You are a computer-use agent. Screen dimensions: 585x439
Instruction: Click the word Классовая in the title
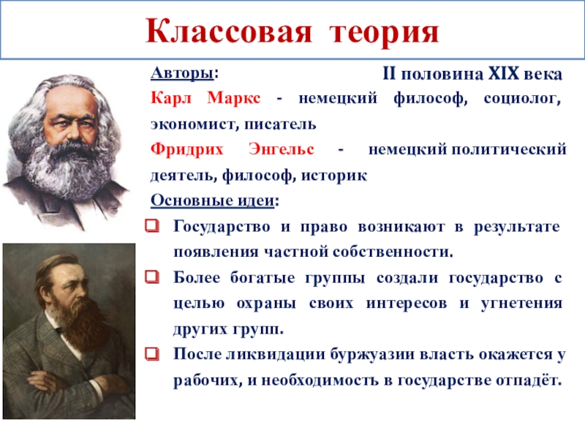coord(228,31)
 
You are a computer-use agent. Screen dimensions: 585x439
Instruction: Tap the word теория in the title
coord(385,33)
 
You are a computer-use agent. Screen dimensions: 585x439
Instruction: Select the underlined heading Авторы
coord(182,72)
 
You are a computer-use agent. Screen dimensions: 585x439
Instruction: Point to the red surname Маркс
coord(234,98)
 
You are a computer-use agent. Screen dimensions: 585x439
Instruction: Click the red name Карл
coord(171,98)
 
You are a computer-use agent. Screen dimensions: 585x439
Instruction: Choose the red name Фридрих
coord(187,150)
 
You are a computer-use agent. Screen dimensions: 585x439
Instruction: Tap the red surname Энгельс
coord(282,149)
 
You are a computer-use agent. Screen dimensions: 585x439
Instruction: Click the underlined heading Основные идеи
coord(213,200)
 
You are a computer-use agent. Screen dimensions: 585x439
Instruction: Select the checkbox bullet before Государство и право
coord(153,226)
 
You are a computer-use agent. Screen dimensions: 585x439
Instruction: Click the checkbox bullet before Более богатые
coord(153,277)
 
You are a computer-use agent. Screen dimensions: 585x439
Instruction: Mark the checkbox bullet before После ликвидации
coord(153,354)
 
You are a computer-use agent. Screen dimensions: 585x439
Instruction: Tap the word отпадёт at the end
coord(529,380)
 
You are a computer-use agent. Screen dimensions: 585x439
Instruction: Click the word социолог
coord(522,99)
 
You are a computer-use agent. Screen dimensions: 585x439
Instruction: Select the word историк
coord(334,176)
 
